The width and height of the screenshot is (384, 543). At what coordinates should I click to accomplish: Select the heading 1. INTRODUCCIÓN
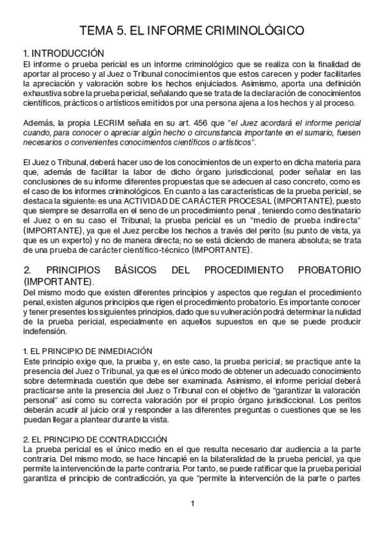[x=63, y=53]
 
